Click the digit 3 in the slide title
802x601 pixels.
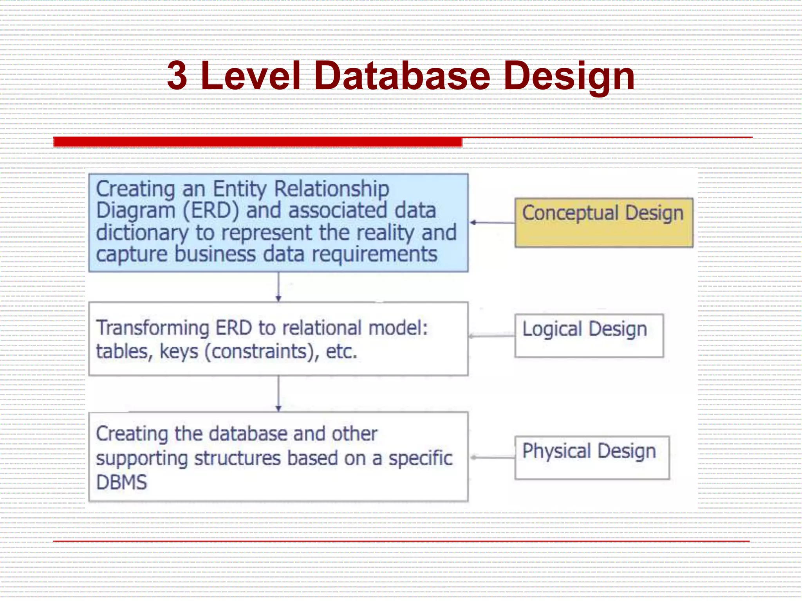click(x=177, y=76)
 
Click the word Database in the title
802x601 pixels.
click(x=401, y=76)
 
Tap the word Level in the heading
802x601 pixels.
click(x=251, y=76)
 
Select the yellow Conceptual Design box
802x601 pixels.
click(x=603, y=222)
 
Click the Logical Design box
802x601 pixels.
click(x=589, y=335)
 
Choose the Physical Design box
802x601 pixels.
click(x=592, y=457)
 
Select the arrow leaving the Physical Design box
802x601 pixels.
click(x=493, y=457)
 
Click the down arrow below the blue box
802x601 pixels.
click(x=278, y=287)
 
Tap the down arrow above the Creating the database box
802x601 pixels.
click(x=278, y=394)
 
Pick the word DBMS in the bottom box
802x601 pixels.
click(x=121, y=482)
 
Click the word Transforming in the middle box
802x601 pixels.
click(x=153, y=328)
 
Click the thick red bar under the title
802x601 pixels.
click(x=258, y=142)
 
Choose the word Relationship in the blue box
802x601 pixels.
click(x=331, y=189)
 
